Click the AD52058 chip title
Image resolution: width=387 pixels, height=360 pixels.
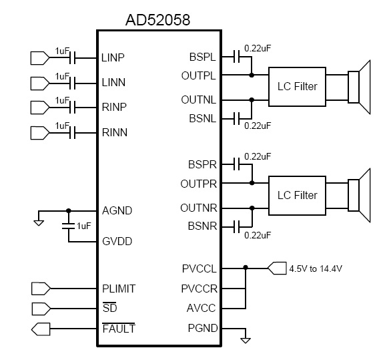pos(157,20)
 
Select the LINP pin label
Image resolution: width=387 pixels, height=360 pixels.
pos(113,57)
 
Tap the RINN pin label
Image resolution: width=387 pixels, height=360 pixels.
pos(115,132)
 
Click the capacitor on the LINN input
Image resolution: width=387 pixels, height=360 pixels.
pos(73,83)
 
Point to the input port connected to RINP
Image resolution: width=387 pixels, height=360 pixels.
pos(40,108)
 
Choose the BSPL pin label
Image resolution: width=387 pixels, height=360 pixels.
pos(202,57)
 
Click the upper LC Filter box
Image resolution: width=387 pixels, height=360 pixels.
pos(297,87)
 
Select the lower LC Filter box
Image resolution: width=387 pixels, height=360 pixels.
pos(297,196)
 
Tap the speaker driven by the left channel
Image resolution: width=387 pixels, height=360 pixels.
pos(359,87)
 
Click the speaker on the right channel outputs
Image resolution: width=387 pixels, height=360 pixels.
pos(359,196)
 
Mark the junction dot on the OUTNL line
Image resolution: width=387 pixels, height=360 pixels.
pos(252,100)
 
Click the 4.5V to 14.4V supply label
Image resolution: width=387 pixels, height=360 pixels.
pos(316,268)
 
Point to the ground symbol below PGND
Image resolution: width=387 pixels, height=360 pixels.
pos(246,340)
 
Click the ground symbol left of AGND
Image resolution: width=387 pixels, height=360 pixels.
pos(39,222)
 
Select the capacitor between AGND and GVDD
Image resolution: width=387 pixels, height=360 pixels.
pos(68,226)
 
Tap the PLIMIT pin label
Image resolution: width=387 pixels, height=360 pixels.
pos(119,289)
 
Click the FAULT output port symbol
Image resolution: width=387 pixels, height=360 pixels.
pos(41,329)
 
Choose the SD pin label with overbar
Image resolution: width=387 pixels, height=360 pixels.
pos(109,308)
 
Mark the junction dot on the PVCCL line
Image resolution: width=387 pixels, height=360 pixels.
pos(246,268)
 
